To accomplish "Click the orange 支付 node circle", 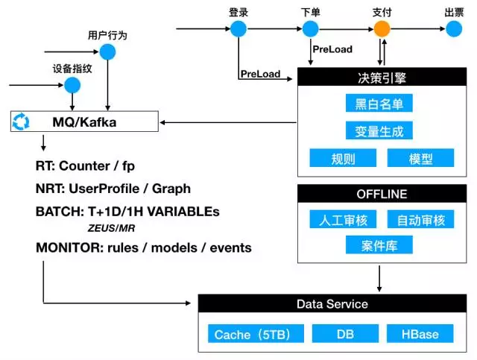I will [382, 29].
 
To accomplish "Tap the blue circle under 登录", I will [238, 29].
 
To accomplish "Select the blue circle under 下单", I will [311, 29].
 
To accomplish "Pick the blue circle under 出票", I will [453, 29].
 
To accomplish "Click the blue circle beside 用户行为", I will [108, 52].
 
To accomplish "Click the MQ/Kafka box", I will [85, 121].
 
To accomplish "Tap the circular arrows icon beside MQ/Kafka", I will [22, 121].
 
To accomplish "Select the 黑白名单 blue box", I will [379, 104].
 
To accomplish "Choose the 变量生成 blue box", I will [379, 131].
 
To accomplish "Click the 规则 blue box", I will [342, 158].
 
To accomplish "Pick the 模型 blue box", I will [420, 158].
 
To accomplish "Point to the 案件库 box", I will [379, 245].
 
